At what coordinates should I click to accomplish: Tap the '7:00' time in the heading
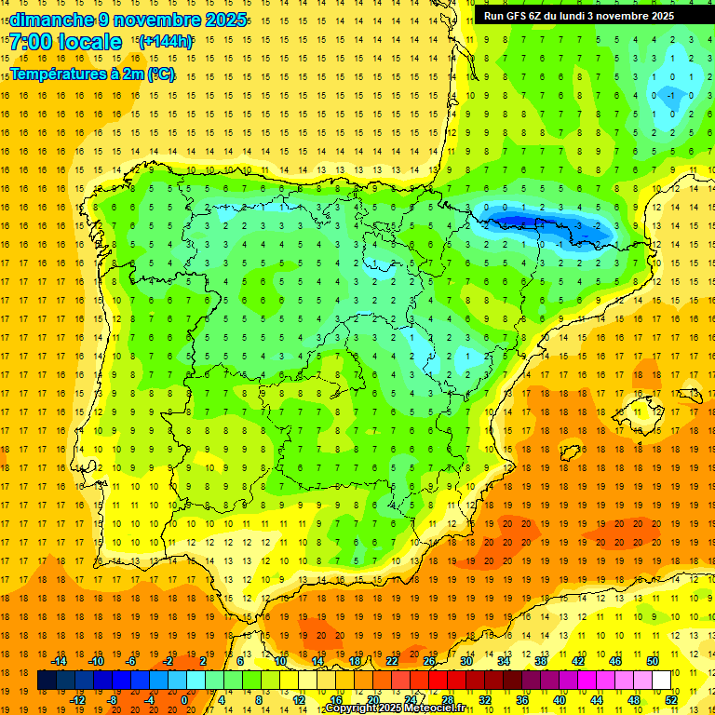point(32,42)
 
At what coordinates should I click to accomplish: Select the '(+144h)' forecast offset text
point(165,42)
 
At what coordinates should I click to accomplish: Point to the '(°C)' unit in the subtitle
point(160,74)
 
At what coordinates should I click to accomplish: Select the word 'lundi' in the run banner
point(591,16)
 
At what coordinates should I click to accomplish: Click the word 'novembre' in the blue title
point(158,20)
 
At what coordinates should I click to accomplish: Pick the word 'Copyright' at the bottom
point(352,708)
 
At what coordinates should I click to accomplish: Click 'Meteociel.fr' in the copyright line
point(436,708)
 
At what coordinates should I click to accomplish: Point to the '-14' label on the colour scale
point(59,661)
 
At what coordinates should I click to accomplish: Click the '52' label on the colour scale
point(672,700)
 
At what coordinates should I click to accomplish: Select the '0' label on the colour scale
point(184,700)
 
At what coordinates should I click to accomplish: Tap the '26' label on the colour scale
point(429,661)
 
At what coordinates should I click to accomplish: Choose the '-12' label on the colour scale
point(77,700)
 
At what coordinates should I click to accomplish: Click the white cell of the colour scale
point(661,681)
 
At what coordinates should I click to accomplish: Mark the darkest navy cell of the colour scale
point(47,681)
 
